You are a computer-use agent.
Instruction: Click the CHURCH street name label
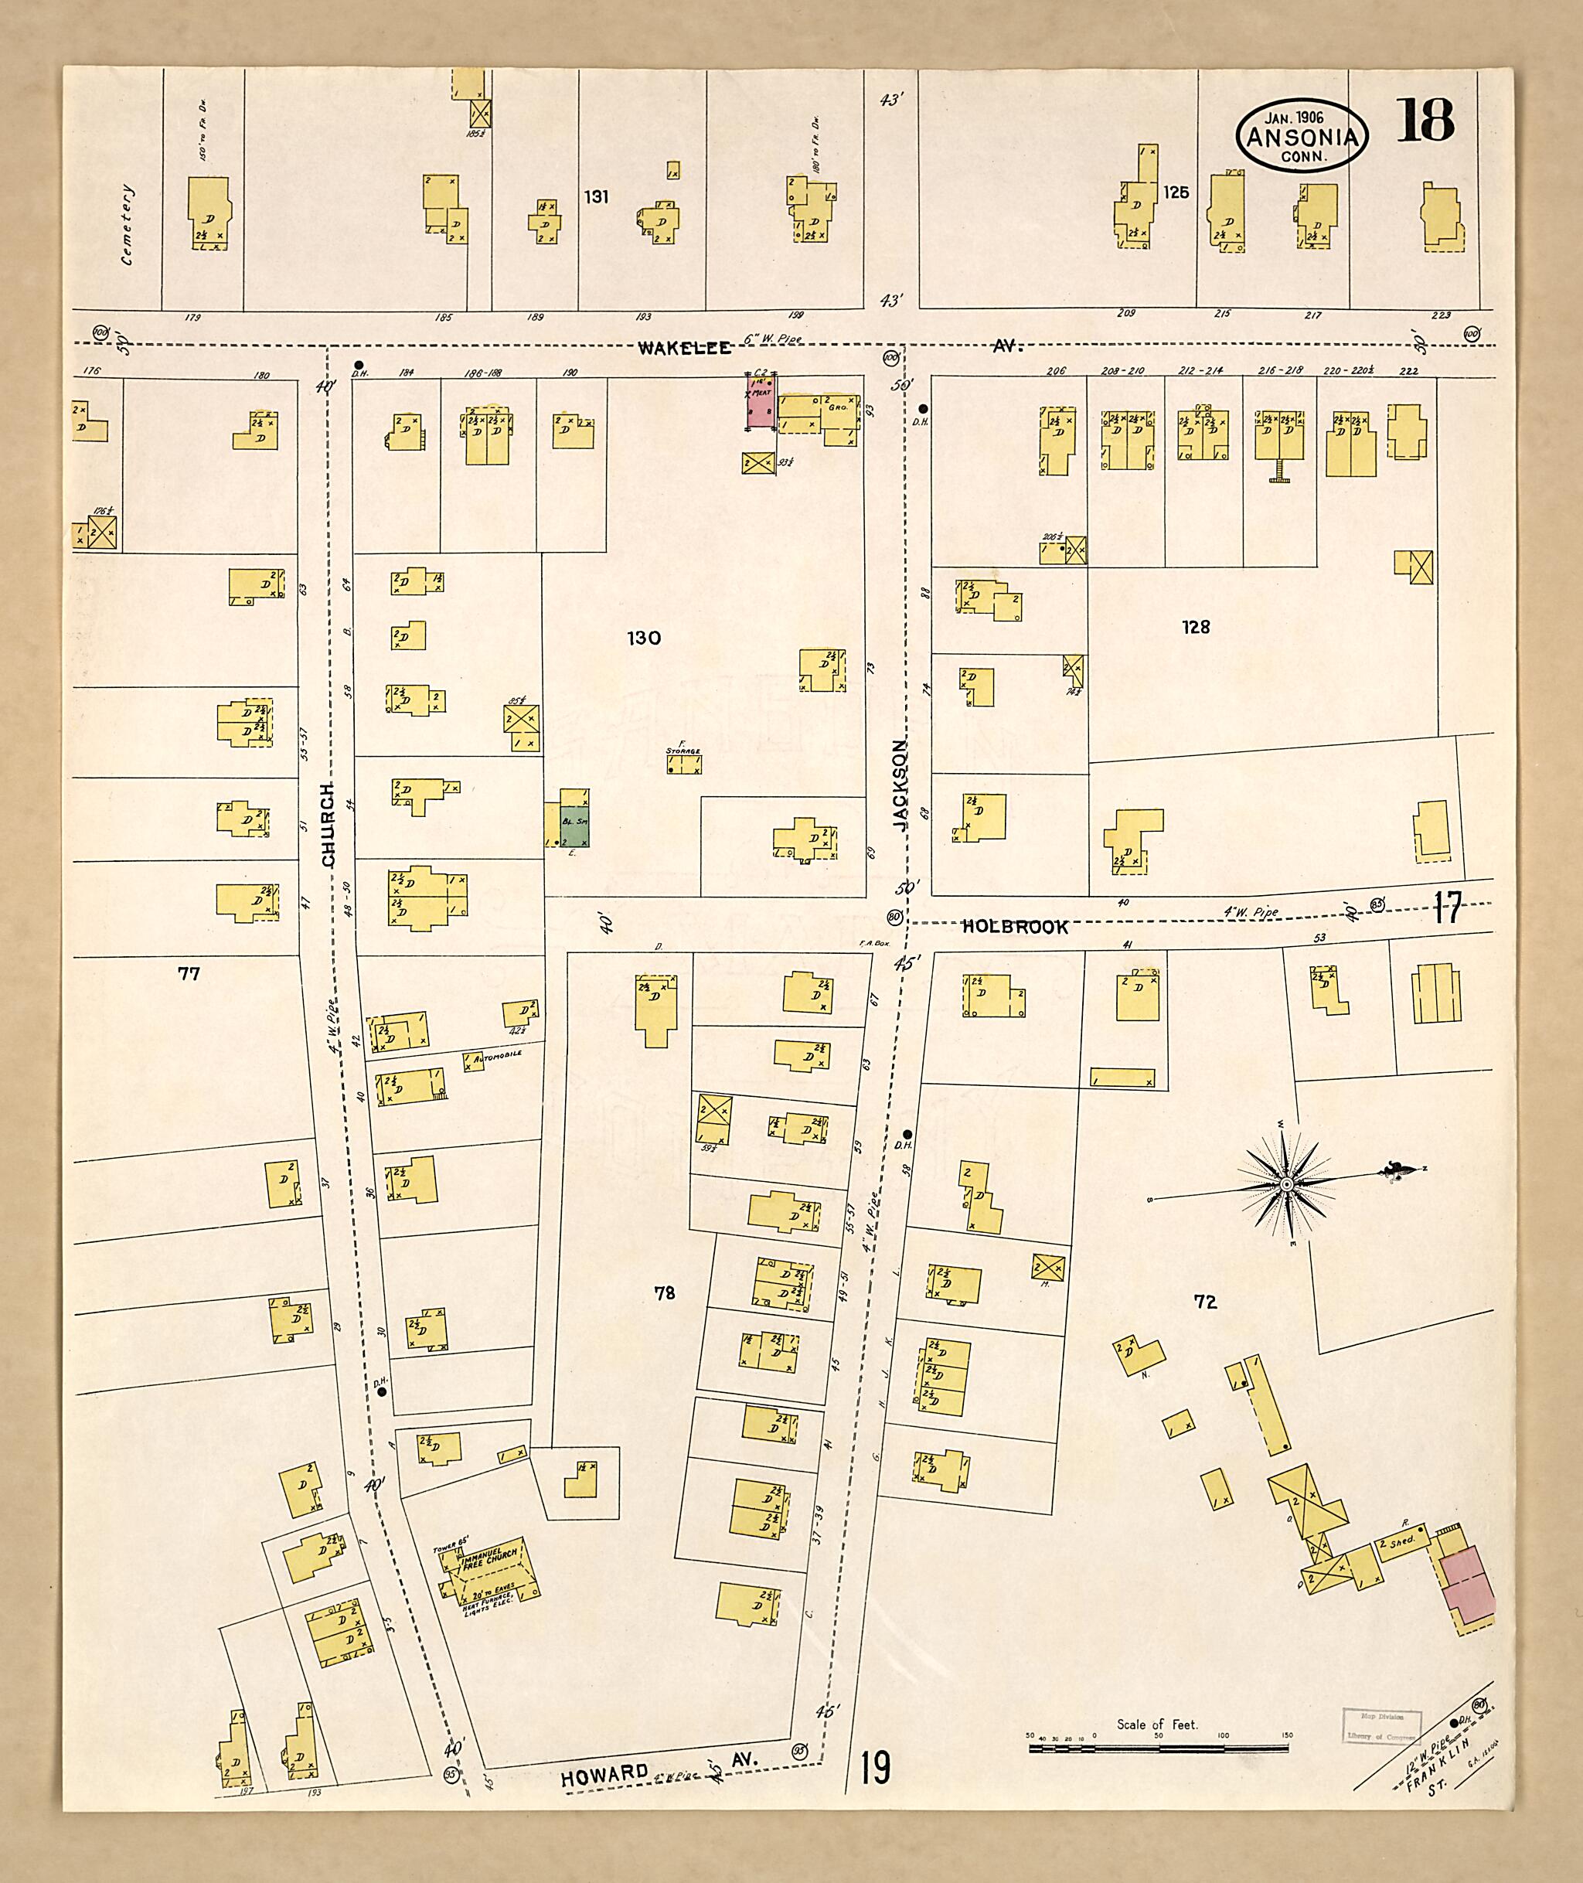tap(328, 825)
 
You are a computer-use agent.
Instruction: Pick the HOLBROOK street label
tap(1015, 927)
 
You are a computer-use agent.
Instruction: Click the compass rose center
tap(1286, 1185)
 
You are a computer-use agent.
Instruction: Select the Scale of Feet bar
tap(1159, 1748)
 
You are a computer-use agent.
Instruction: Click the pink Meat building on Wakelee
tap(761, 401)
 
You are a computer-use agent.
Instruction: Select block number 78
tap(664, 1292)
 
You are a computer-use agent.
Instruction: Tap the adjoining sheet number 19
tap(875, 1767)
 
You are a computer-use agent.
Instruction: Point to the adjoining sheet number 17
tap(1447, 908)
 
